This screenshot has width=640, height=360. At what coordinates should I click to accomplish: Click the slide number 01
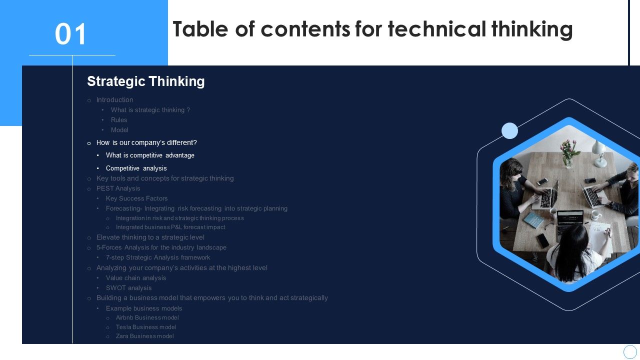(x=71, y=34)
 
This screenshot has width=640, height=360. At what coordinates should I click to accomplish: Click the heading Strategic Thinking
(x=145, y=81)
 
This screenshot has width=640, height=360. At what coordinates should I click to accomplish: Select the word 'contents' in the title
(x=305, y=29)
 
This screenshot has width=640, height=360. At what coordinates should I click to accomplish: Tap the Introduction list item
(x=114, y=100)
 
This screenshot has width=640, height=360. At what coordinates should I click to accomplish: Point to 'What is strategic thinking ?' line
(x=150, y=110)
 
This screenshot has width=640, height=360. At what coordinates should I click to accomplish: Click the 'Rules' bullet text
(x=119, y=120)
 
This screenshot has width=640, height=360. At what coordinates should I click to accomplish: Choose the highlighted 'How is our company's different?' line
(x=146, y=142)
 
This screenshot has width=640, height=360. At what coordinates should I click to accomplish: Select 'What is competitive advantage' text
(x=150, y=155)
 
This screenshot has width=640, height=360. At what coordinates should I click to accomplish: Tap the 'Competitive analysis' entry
(x=136, y=168)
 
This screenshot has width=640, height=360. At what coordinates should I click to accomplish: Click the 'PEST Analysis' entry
(x=118, y=188)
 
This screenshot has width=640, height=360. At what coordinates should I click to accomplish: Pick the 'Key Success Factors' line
(x=136, y=198)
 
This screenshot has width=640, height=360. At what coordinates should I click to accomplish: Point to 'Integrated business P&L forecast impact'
(x=170, y=227)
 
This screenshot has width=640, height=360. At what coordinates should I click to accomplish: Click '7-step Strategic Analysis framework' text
(x=158, y=257)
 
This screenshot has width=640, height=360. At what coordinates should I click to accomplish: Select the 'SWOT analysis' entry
(x=128, y=288)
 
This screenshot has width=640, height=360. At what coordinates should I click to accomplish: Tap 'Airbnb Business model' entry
(x=147, y=317)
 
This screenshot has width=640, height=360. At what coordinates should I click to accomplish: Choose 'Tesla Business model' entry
(x=146, y=327)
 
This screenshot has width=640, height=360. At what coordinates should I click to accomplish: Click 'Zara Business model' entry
(x=144, y=336)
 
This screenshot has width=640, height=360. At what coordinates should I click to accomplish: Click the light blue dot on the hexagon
(x=509, y=130)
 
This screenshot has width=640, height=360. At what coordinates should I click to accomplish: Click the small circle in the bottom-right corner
(x=630, y=351)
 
